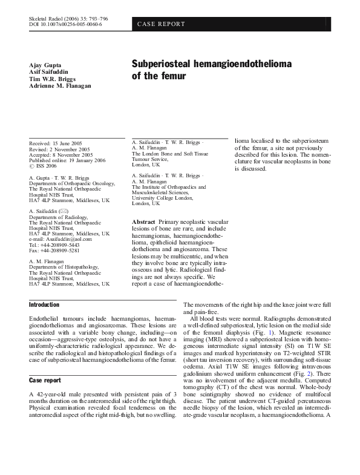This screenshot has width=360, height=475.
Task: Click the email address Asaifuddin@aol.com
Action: click(67, 239)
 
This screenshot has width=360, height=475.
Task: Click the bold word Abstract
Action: click(143, 222)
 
